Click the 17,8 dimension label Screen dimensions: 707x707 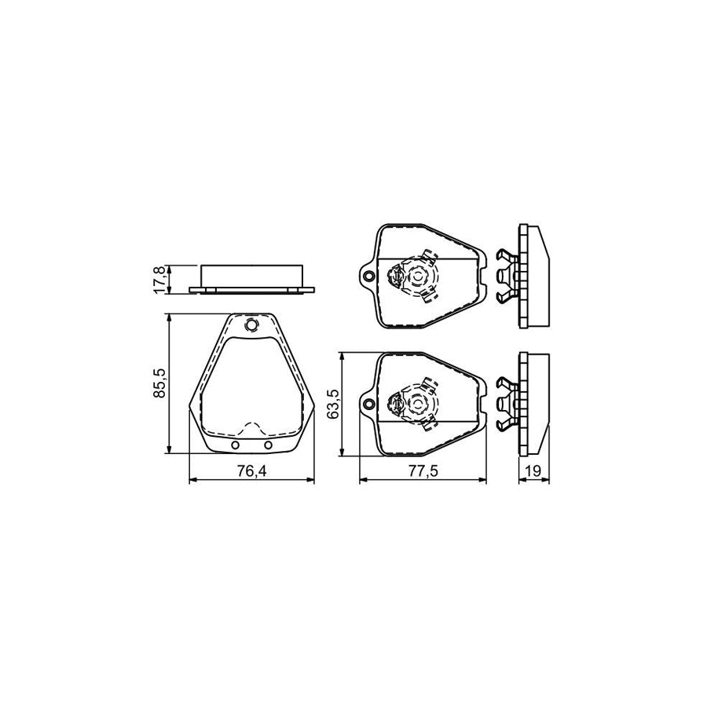160,280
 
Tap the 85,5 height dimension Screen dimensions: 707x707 160,383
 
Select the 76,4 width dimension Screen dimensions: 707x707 252,471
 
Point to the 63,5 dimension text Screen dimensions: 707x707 334,404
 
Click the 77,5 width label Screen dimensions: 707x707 423,471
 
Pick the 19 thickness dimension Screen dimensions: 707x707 533,471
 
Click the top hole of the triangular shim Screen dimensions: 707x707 251,324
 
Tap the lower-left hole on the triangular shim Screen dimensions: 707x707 235,445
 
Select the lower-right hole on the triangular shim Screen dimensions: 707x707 269,445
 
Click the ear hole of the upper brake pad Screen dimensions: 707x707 369,276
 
